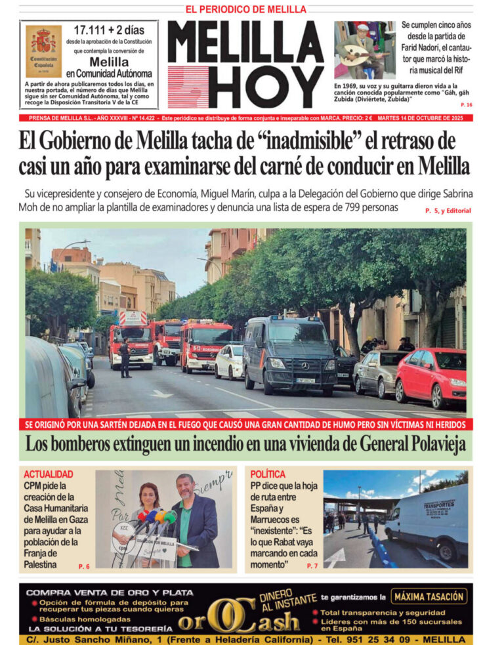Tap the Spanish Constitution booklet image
pos(44,51)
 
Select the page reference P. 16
pos(466,105)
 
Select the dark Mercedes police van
pos(291,354)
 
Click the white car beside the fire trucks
pos(229,361)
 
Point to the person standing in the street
pos(125,358)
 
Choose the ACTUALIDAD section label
pos(48,474)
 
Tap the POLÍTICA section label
pos(268,474)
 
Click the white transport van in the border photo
pos(428,522)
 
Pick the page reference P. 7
pos(312,566)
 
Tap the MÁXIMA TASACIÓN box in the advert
pos(429,596)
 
